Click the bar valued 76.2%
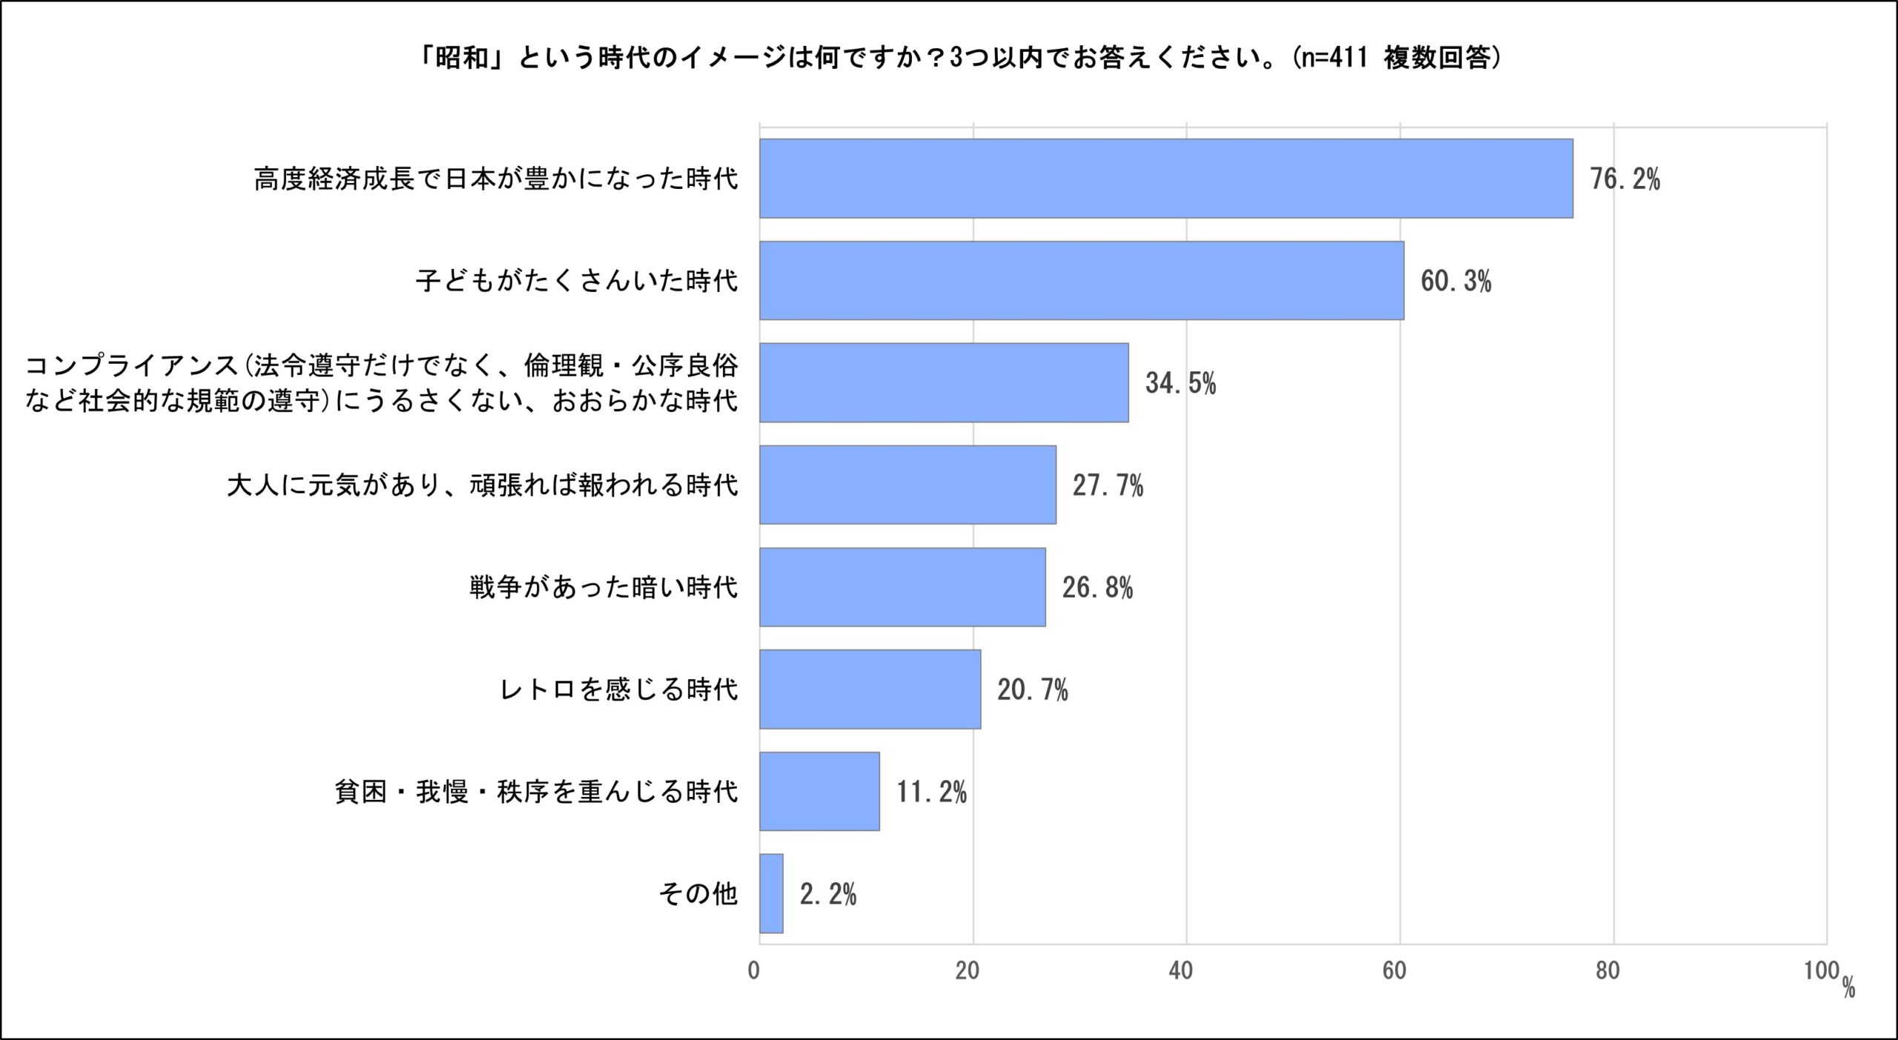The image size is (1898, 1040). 1165,179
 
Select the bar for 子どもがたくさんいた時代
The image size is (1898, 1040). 1081,280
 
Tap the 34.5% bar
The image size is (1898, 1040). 944,382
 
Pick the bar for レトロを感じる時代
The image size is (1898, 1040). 870,689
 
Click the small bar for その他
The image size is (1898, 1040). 771,894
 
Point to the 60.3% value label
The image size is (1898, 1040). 1455,282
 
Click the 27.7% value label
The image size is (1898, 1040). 1108,486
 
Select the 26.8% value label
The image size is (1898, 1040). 1097,589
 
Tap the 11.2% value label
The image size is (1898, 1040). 931,792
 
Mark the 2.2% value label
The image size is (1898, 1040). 827,895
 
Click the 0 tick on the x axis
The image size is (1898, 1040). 754,971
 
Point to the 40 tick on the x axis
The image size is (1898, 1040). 1180,971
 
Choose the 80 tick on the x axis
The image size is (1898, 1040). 1607,971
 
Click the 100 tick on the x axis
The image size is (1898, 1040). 1821,971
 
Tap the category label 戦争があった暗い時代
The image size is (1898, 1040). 604,588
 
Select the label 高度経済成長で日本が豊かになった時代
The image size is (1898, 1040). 496,179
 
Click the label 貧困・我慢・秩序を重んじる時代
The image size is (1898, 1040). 536,792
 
